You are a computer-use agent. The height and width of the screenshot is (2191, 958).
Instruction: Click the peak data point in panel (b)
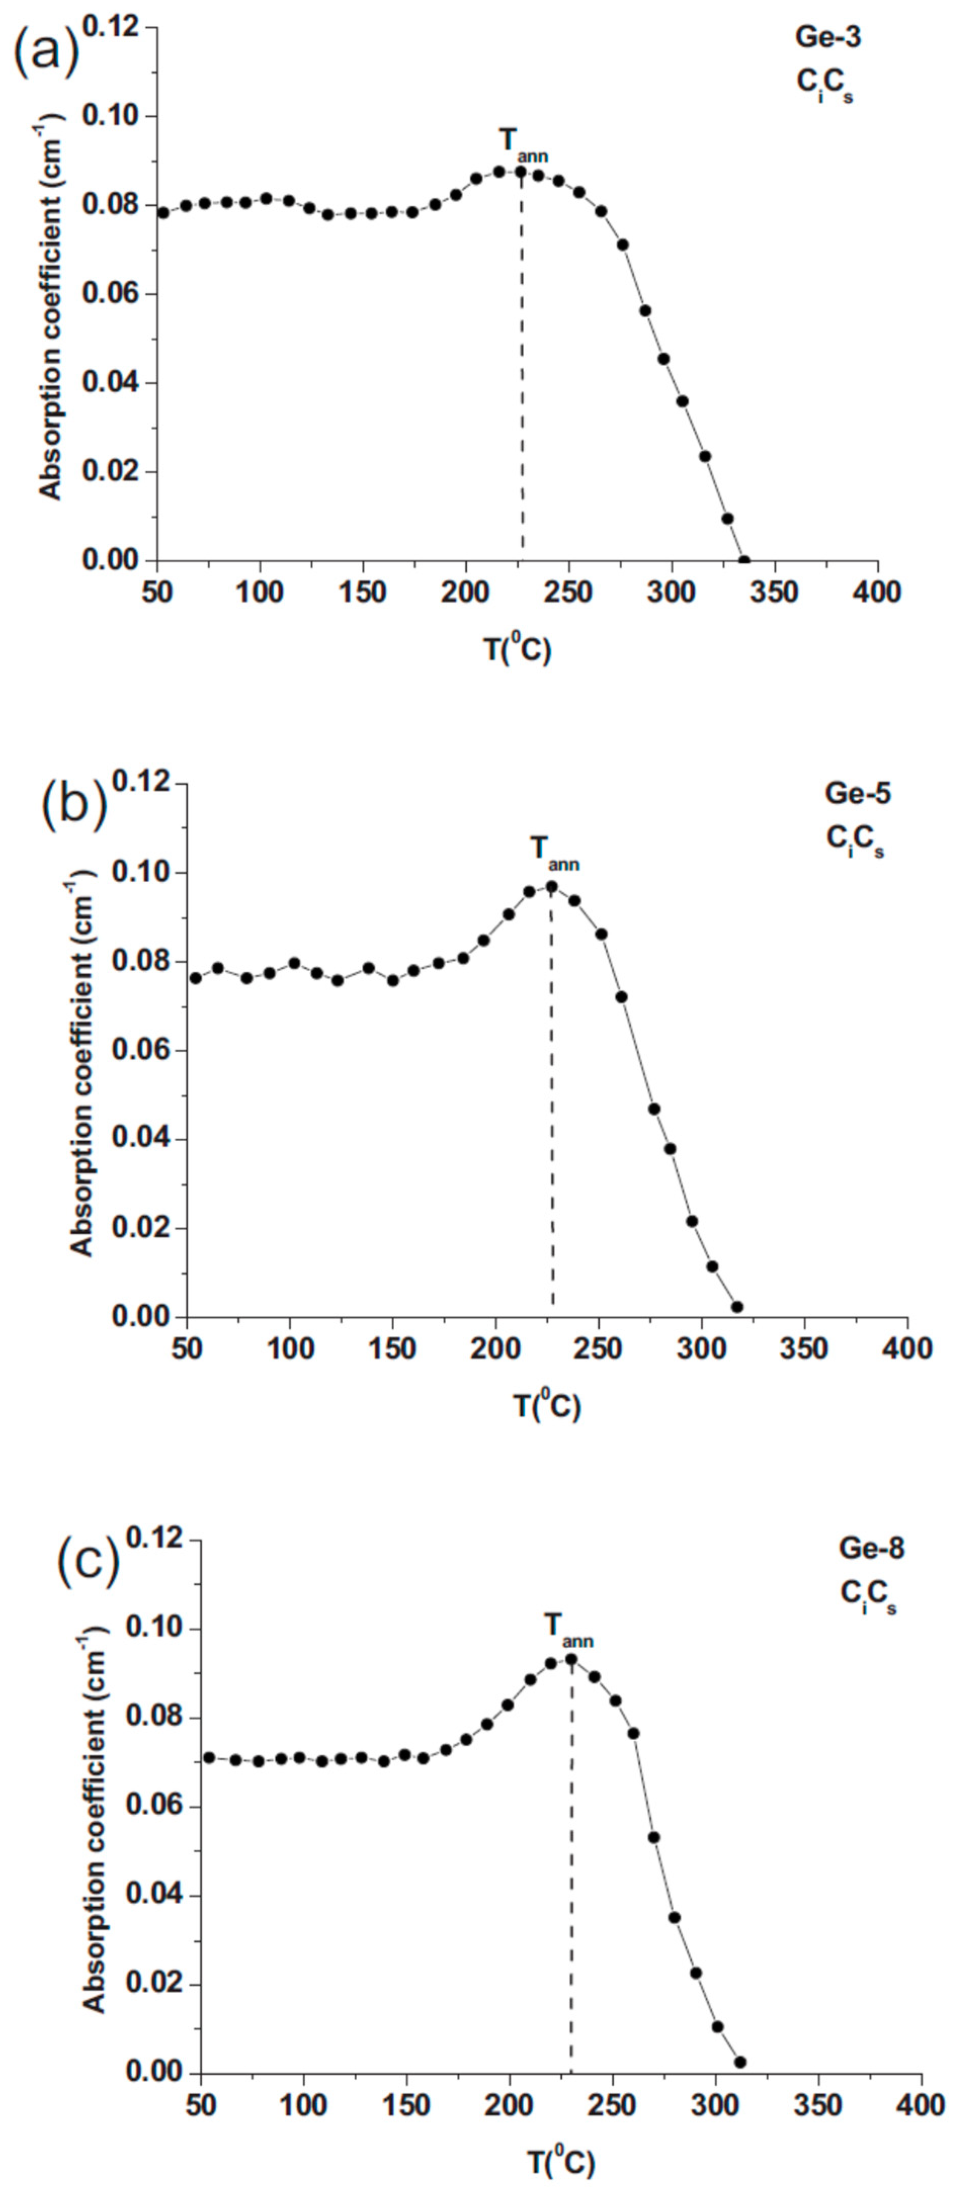pos(551,886)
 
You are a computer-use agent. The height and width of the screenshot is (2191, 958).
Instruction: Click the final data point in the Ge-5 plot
pos(737,1306)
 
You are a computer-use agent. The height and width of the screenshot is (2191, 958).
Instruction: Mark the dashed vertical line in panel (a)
pos(522,383)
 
